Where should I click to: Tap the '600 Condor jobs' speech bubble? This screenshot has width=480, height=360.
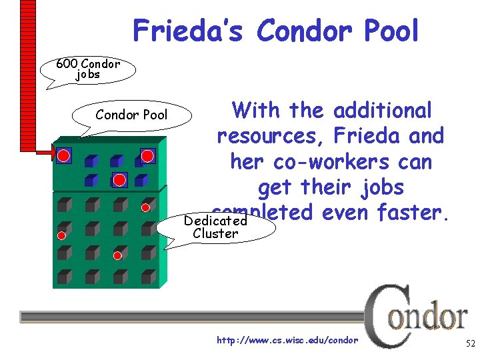(x=88, y=69)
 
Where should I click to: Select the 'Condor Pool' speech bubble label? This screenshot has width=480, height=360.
(x=131, y=115)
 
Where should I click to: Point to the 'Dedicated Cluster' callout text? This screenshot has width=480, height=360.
(x=215, y=227)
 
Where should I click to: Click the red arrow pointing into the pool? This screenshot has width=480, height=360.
(x=45, y=153)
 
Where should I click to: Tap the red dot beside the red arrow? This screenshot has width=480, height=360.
(x=63, y=155)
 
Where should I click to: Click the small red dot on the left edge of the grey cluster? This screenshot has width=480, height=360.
(x=61, y=235)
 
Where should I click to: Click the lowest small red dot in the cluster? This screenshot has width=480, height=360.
(x=117, y=255)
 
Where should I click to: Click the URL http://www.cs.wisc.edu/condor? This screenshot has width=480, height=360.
(x=287, y=341)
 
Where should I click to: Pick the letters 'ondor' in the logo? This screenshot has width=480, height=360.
(x=429, y=317)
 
